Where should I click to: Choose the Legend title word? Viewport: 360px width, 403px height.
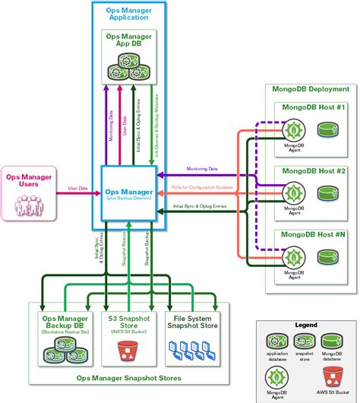pyautogui.click(x=305, y=325)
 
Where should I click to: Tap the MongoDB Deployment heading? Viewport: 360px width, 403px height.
pyautogui.click(x=310, y=89)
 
